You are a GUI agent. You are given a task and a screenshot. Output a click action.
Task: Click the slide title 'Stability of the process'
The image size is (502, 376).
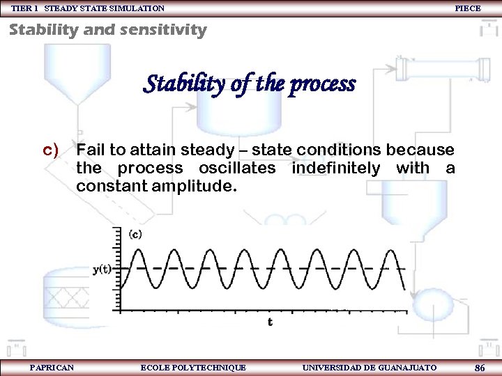click(249, 84)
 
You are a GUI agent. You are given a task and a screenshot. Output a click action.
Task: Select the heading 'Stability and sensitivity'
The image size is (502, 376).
click(107, 30)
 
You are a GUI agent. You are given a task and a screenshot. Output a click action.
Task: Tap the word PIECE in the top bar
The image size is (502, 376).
click(467, 8)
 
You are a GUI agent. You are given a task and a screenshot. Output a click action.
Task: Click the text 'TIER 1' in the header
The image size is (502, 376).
click(24, 8)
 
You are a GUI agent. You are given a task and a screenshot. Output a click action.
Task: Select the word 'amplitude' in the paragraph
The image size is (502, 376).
click(197, 186)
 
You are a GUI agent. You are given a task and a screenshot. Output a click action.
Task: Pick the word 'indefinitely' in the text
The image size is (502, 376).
click(336, 168)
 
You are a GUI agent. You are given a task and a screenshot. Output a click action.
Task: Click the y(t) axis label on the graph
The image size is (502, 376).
click(102, 269)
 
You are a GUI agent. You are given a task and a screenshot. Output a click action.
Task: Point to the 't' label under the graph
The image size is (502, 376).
click(270, 322)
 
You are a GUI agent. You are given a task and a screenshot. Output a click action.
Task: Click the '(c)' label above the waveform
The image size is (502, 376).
click(135, 235)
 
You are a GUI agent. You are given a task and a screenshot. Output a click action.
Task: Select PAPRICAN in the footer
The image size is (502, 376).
click(52, 367)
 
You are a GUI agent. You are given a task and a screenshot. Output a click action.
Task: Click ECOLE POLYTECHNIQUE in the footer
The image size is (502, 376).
click(193, 367)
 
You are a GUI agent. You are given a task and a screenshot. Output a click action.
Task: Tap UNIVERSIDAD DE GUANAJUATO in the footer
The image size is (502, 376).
click(370, 367)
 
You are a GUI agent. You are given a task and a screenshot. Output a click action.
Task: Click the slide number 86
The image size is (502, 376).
click(479, 367)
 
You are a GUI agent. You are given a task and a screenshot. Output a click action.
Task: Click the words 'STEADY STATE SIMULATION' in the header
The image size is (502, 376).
click(105, 8)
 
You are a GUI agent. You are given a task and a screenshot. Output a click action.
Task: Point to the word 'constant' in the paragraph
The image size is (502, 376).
click(109, 186)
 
